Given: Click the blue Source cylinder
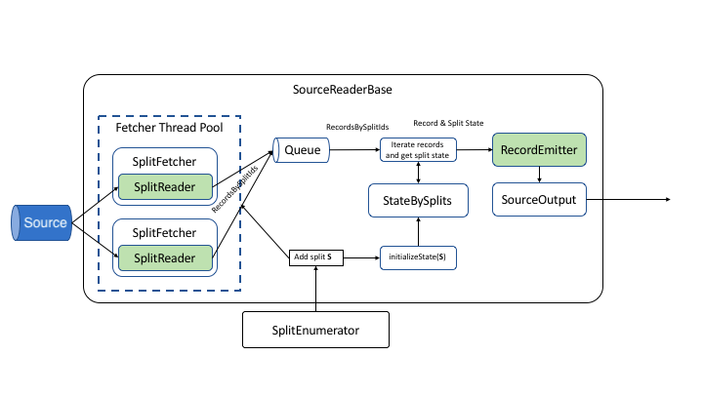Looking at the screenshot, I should pos(42,222).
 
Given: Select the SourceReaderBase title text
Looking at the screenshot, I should pos(344,90).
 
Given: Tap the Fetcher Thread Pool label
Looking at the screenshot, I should pos(169,128).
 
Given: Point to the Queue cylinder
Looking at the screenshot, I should pos(303,149).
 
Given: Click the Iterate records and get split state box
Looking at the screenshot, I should pos(419,149).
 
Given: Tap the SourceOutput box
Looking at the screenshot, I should pos(538,200).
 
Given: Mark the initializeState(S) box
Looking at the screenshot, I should pos(419,257).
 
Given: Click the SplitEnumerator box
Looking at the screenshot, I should pos(315,330).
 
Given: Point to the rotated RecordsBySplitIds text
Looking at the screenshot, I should pos(234,187).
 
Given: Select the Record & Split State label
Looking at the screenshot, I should pos(448,124).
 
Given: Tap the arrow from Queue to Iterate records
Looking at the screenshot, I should pos(354,149).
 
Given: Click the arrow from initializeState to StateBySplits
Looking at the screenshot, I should pos(419,233).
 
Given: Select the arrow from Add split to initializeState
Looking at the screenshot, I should pos(360,257).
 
